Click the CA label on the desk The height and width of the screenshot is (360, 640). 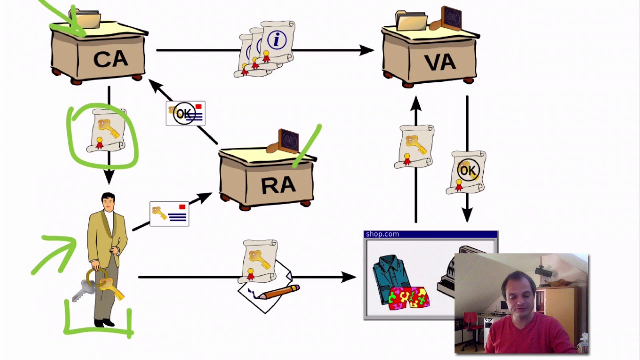click(110, 59)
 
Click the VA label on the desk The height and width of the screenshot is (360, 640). click(440, 62)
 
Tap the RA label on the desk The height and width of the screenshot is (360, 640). click(278, 185)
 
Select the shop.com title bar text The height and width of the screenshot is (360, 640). click(382, 234)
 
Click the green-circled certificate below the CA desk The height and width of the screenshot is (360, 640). click(106, 131)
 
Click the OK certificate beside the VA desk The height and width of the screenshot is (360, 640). click(467, 172)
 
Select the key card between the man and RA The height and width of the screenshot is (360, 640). click(169, 214)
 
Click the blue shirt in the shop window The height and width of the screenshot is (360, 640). click(392, 272)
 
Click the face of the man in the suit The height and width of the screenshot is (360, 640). click(108, 203)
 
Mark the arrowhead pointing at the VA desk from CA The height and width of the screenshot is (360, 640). click(367, 50)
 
